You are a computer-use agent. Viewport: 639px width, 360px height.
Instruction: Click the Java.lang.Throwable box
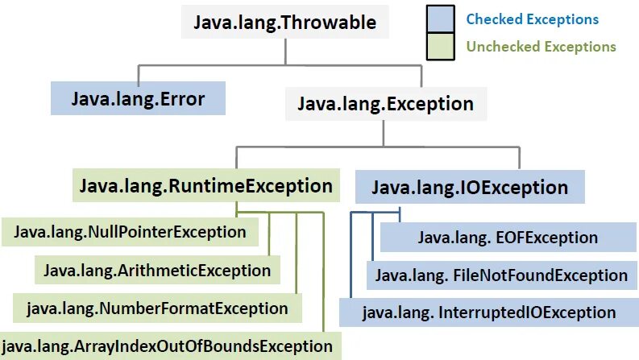point(284,22)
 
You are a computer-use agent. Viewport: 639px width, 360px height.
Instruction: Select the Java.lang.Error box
point(138,100)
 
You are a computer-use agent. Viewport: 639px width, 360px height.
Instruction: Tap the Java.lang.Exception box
point(386,104)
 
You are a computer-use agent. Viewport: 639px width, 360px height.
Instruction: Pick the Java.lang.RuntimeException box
point(205,187)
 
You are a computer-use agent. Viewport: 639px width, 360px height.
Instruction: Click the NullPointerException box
point(130,232)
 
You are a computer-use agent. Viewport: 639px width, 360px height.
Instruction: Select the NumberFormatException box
point(157,308)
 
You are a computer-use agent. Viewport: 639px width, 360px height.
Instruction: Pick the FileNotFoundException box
point(501,275)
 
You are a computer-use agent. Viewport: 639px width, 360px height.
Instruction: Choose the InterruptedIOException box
point(489,312)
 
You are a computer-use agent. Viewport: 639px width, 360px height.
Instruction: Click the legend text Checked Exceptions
point(533,19)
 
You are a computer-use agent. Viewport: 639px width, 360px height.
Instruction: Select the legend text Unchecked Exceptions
point(541,47)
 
